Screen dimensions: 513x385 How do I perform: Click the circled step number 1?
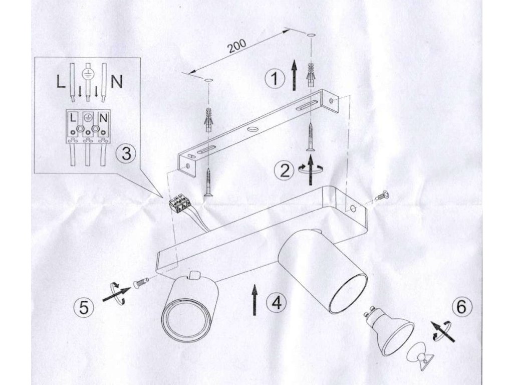pyautogui.click(x=274, y=79)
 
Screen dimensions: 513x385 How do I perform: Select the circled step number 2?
pyautogui.click(x=285, y=171)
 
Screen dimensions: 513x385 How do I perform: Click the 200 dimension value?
pyautogui.click(x=236, y=46)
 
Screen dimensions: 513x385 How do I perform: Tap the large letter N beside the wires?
pyautogui.click(x=116, y=82)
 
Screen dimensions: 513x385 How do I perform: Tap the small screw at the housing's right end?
pyautogui.click(x=382, y=197)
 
